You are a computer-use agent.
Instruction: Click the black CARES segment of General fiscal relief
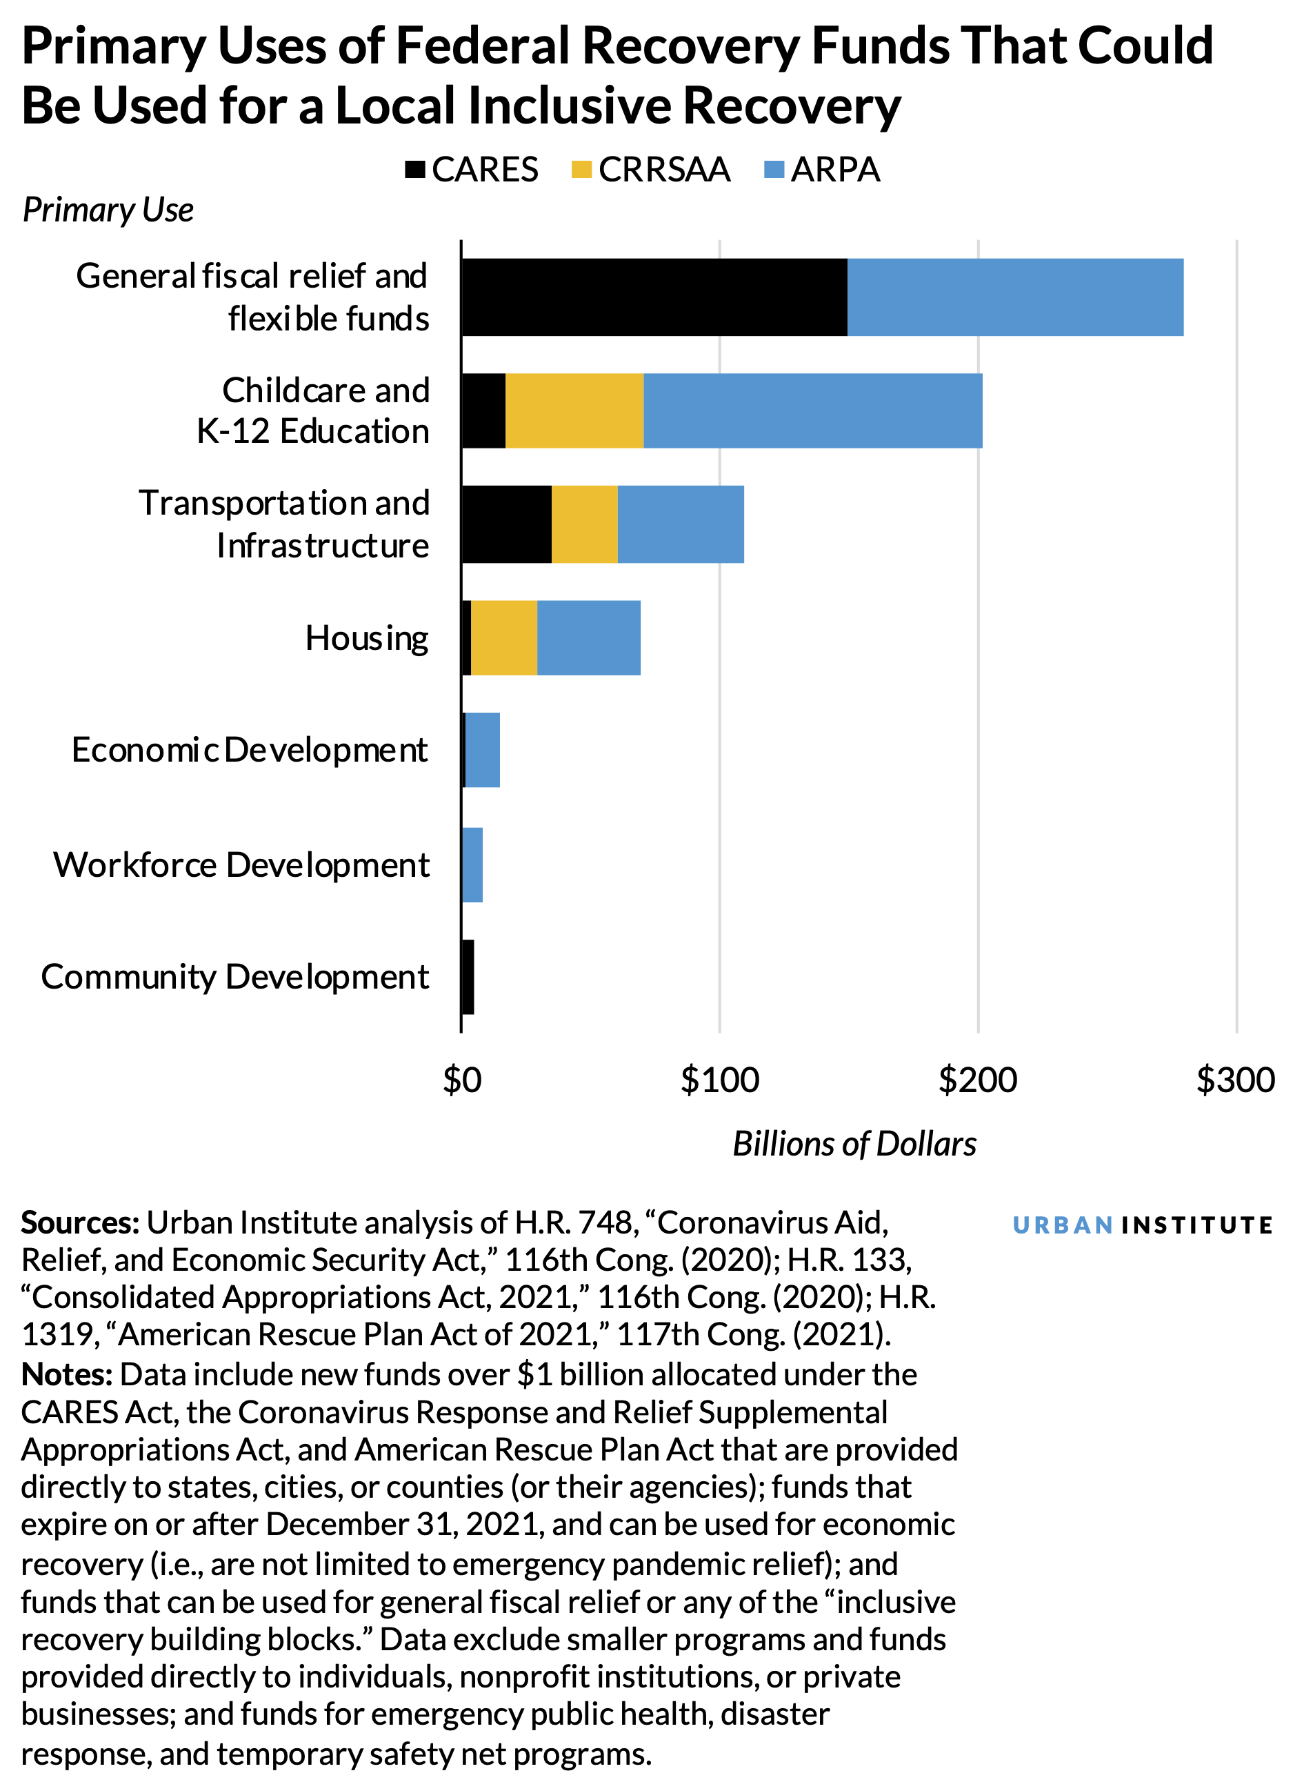(654, 297)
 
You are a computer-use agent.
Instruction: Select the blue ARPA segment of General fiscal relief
(1015, 297)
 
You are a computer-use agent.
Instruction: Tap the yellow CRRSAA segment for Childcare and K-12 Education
(574, 411)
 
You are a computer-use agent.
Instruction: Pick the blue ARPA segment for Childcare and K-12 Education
(812, 411)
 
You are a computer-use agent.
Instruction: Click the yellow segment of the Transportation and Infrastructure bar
(585, 524)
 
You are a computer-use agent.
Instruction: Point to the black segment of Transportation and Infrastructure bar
(507, 524)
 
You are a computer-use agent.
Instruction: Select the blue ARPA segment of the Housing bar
(588, 637)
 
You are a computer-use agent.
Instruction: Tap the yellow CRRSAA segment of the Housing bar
(503, 637)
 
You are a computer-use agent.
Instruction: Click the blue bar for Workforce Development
(472, 864)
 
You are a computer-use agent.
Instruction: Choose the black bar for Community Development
(468, 977)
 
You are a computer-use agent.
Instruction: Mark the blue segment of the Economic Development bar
(482, 751)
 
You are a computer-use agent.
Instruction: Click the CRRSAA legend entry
(650, 170)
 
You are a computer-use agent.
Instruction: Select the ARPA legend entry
(822, 170)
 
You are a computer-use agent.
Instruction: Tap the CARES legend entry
(471, 170)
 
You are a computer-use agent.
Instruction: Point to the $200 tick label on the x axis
(977, 1080)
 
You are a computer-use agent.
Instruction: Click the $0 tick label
(462, 1080)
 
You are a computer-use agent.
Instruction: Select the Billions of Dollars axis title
(854, 1144)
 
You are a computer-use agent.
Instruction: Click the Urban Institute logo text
(1141, 1225)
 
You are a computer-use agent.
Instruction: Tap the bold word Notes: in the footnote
(67, 1374)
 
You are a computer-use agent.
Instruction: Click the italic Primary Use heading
(108, 210)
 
